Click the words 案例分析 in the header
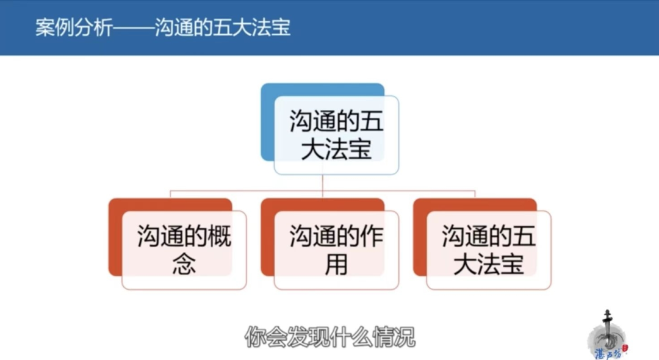74,27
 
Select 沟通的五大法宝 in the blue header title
222,27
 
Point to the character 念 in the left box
184,264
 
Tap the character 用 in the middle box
336,264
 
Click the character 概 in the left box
220,236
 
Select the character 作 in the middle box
372,236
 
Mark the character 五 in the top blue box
372,121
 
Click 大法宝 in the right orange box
488,264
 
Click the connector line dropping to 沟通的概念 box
170,194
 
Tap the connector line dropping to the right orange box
475,194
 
